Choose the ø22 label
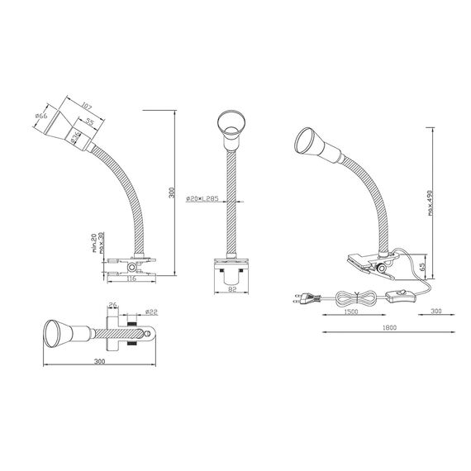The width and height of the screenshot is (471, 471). pyautogui.click(x=150, y=312)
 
